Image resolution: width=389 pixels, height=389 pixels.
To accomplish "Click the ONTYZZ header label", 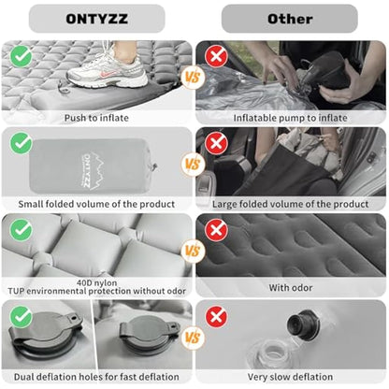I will click(x=96, y=18).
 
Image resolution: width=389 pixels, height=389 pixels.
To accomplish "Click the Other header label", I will click(x=290, y=18).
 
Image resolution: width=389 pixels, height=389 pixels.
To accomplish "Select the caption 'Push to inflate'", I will click(x=96, y=118).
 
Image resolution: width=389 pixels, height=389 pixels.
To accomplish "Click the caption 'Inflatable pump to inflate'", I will click(x=290, y=118).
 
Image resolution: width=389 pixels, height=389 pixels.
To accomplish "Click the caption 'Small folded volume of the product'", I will click(x=96, y=204).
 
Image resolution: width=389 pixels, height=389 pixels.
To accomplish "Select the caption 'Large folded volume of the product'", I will click(x=290, y=204).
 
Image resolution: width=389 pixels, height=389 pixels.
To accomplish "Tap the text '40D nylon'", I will click(x=96, y=280).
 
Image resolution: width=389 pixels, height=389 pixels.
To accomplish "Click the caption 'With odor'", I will click(x=290, y=288).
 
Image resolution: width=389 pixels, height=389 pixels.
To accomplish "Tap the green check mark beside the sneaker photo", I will click(x=21, y=55).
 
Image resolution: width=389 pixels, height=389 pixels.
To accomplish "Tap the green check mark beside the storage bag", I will click(x=21, y=142).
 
